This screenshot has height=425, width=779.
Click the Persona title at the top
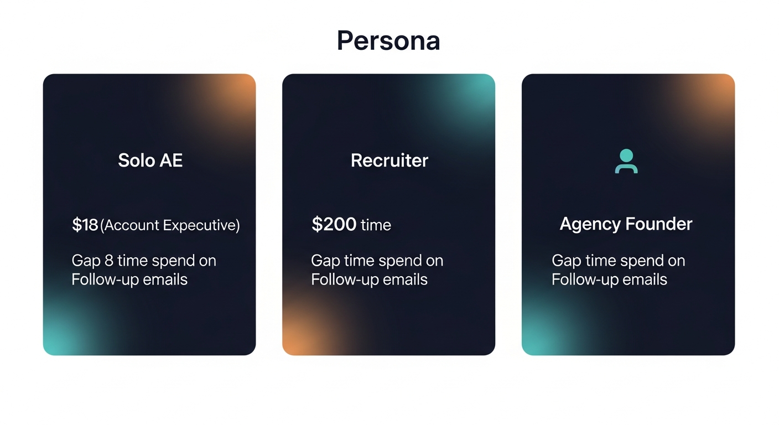[x=388, y=41]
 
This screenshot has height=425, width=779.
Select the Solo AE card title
[x=150, y=160]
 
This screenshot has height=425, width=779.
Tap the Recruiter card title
[x=389, y=160]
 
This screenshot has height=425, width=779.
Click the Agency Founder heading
[x=626, y=224]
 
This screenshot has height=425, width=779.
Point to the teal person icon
[x=626, y=162]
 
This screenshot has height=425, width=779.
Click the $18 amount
[x=85, y=225]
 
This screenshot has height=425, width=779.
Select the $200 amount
[x=334, y=225]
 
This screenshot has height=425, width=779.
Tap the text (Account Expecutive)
[x=170, y=226]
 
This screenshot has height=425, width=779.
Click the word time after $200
[x=376, y=225]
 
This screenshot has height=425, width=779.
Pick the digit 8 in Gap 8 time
[x=108, y=261]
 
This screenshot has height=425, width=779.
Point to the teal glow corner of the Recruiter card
[x=479, y=89]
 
